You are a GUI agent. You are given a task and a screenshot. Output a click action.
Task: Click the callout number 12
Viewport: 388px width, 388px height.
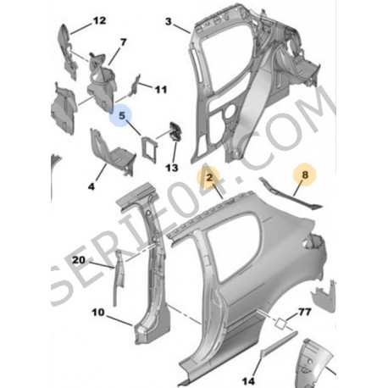point(99,20)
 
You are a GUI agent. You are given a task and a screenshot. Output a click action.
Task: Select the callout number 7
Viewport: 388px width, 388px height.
point(123,42)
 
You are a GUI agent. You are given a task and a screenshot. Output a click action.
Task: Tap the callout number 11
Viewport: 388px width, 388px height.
point(161,90)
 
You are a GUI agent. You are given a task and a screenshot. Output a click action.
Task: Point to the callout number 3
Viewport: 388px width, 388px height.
point(169,21)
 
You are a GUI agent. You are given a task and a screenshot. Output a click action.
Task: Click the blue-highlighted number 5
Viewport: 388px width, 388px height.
point(122,115)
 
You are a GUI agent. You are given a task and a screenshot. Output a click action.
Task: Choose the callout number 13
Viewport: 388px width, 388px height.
point(172,168)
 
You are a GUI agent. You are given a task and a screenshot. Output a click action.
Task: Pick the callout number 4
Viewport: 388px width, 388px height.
point(91,186)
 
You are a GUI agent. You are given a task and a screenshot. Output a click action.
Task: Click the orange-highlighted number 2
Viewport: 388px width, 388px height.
point(209,177)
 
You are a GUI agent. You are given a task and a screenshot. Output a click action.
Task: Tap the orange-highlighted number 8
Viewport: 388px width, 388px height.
point(305,175)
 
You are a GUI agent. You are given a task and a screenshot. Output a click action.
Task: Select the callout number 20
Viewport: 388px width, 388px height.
point(79,260)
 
